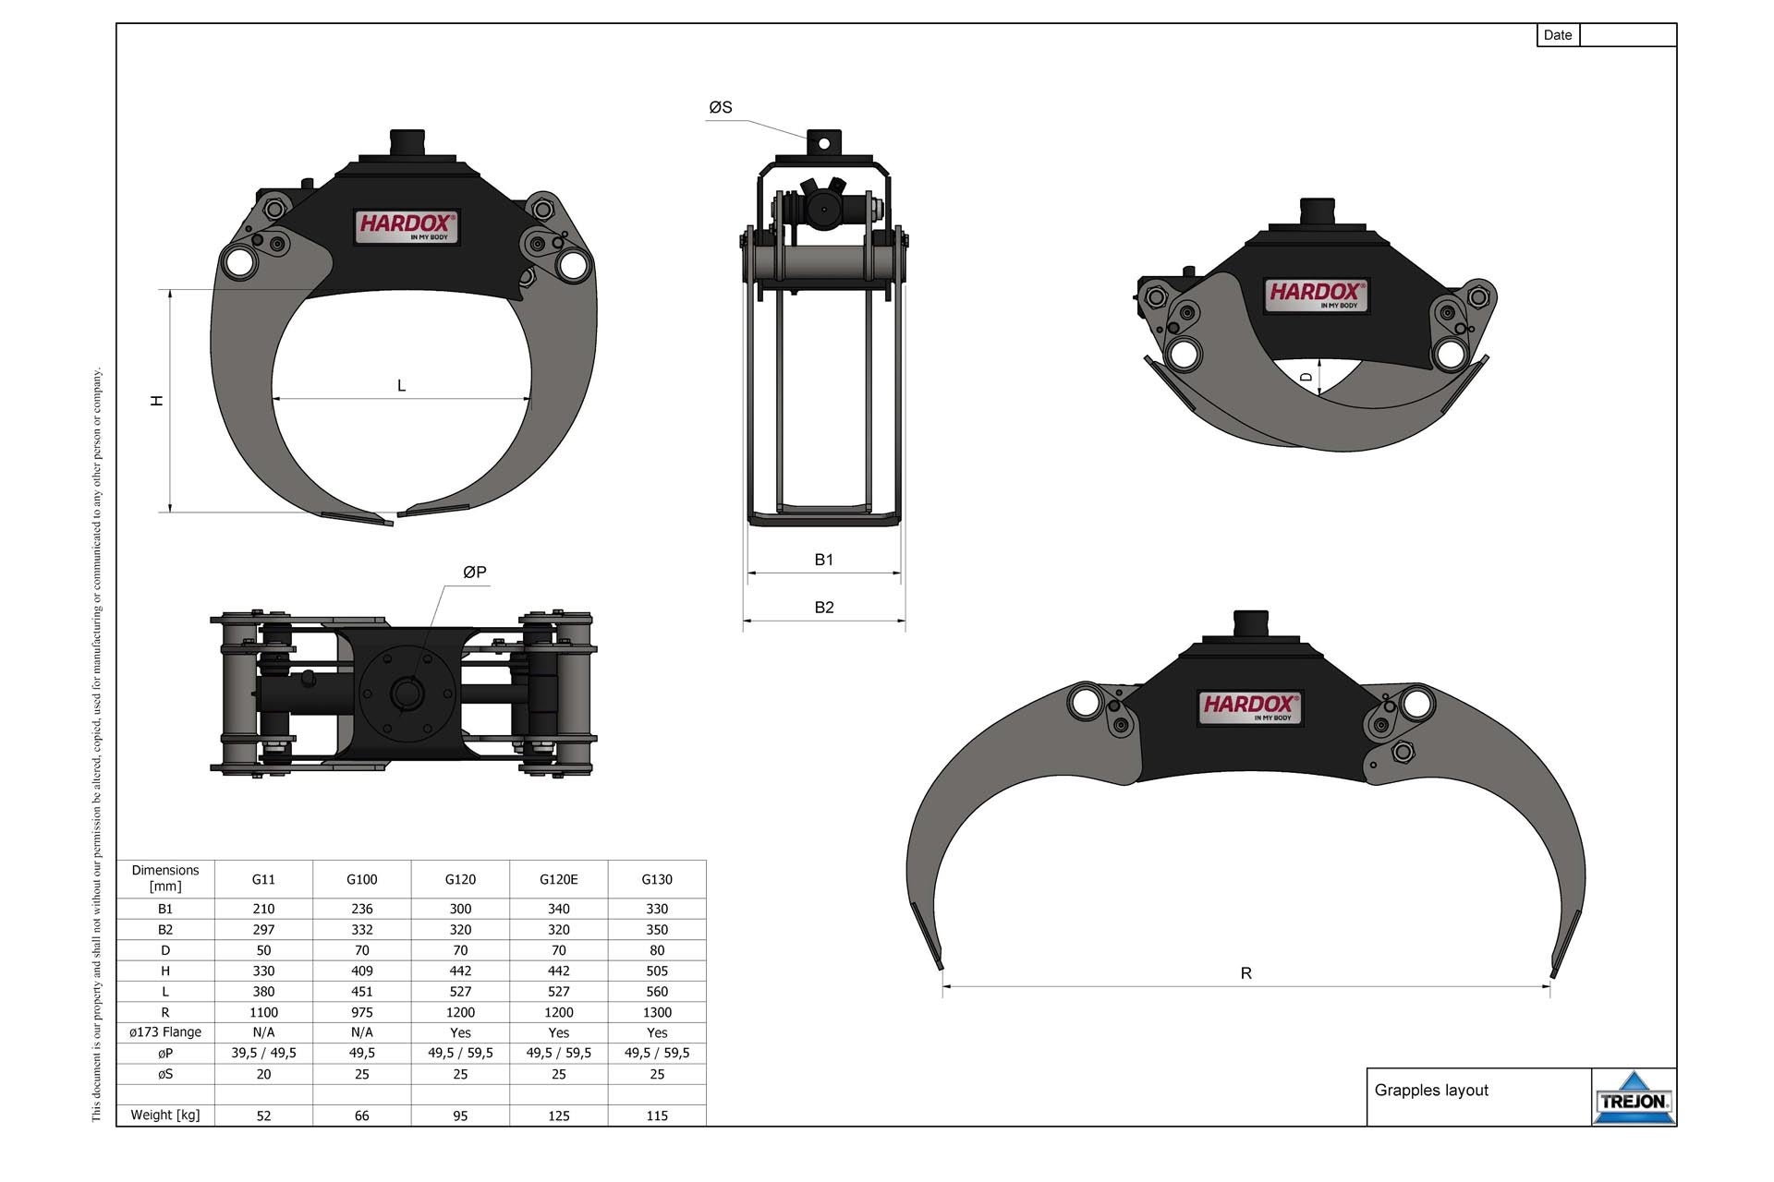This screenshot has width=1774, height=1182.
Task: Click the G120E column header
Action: pyautogui.click(x=558, y=879)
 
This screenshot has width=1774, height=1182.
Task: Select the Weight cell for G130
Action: pyautogui.click(x=656, y=1116)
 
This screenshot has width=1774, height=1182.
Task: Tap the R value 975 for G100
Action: pyautogui.click(x=361, y=1012)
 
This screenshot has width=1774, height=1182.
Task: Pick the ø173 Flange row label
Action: pyautogui.click(x=165, y=1032)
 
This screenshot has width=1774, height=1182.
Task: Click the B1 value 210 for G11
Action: pyautogui.click(x=263, y=909)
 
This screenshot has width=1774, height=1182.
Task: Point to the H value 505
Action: pyautogui.click(x=656, y=971)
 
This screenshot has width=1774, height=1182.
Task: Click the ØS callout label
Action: pyautogui.click(x=721, y=108)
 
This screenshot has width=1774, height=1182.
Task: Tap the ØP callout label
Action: pyautogui.click(x=474, y=573)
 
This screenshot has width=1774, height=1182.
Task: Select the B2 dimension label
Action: pyautogui.click(x=823, y=608)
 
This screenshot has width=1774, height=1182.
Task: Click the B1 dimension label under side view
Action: pyautogui.click(x=823, y=560)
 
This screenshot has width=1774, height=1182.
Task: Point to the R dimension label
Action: pyautogui.click(x=1245, y=973)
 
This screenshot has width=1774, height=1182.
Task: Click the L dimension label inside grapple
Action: pyautogui.click(x=401, y=386)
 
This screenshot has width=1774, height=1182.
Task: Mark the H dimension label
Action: pyautogui.click(x=157, y=400)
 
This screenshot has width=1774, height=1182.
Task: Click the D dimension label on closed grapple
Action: pyautogui.click(x=1306, y=377)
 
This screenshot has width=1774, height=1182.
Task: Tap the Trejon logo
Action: pyautogui.click(x=1634, y=1098)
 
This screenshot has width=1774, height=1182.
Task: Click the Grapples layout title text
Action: pyautogui.click(x=1431, y=1091)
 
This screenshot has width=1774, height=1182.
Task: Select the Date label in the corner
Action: pyautogui.click(x=1557, y=35)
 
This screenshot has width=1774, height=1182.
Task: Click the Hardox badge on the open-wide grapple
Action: pyautogui.click(x=1249, y=707)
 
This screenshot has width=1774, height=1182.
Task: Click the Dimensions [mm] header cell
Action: pyautogui.click(x=165, y=878)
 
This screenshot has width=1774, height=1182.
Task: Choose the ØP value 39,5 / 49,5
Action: pyautogui.click(x=263, y=1053)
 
